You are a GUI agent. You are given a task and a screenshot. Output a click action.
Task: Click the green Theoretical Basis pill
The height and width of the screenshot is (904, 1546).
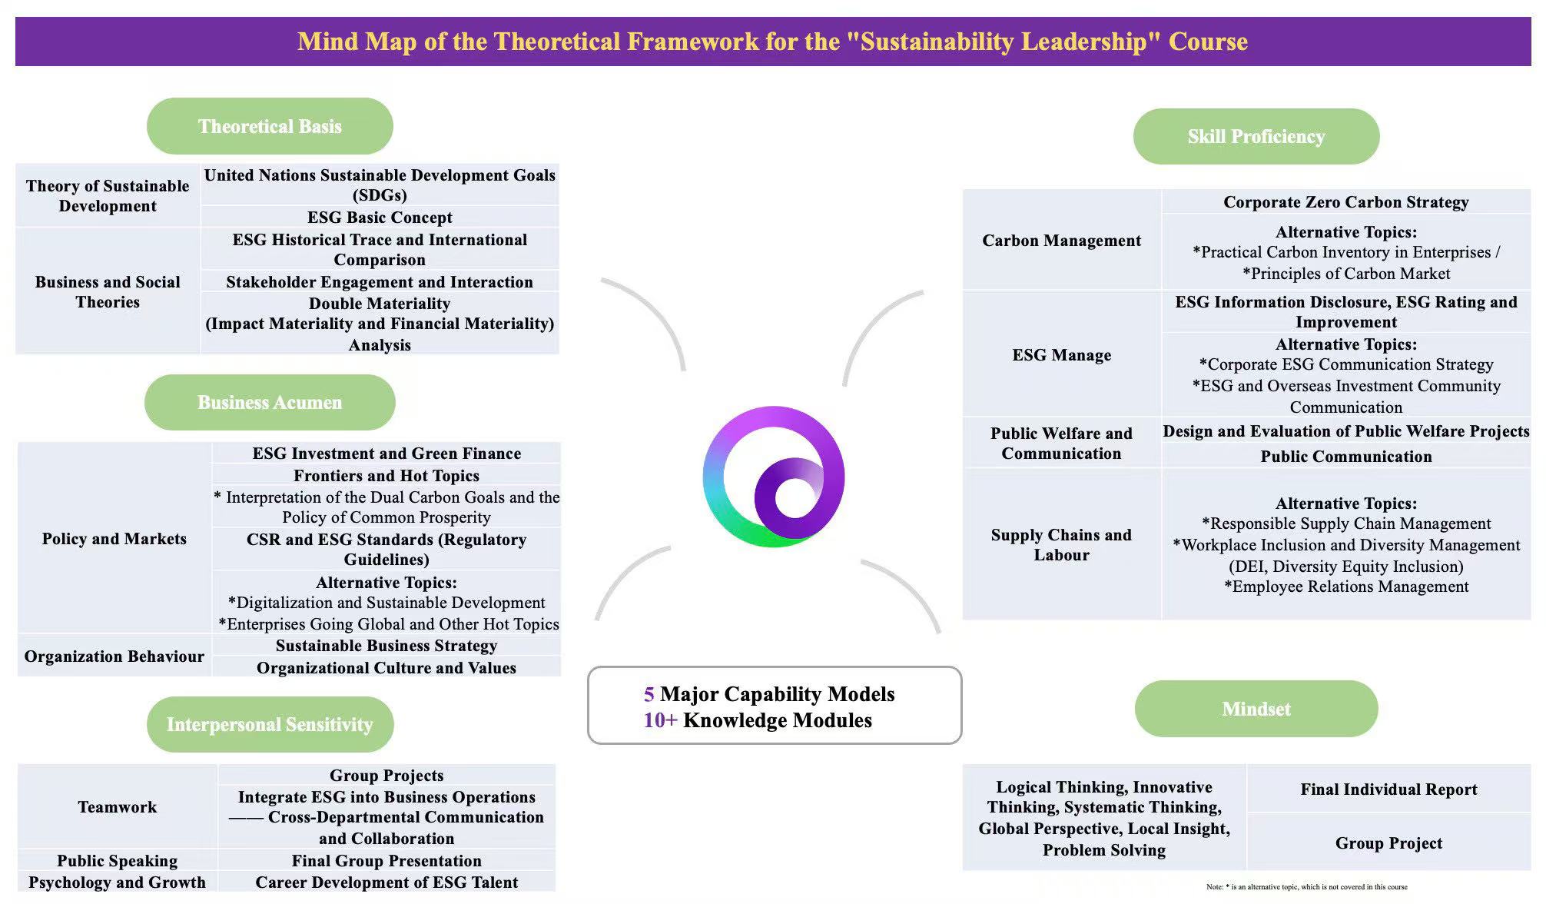coord(270,126)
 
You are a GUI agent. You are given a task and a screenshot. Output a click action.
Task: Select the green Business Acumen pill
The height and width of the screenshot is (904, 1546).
coord(270,402)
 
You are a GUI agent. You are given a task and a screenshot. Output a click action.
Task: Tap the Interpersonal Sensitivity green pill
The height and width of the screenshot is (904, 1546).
coord(270,724)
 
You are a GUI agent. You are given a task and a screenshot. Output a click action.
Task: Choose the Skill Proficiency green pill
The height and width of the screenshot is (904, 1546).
coord(1256,136)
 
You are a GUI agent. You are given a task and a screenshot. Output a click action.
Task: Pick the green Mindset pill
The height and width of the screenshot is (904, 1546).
coord(1256,709)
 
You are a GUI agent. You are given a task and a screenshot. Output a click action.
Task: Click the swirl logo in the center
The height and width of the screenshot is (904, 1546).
coord(774,477)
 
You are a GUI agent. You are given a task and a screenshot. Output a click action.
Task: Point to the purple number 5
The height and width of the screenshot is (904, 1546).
coord(649,694)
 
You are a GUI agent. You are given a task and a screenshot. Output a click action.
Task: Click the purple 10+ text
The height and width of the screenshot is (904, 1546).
coord(660,720)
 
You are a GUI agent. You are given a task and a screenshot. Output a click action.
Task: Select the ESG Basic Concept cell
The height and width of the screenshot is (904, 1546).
coord(380,218)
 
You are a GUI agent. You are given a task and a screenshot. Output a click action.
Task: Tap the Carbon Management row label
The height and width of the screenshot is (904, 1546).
coord(1061,241)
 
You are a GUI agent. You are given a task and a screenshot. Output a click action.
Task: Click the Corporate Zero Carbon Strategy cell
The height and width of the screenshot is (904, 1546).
coord(1345,202)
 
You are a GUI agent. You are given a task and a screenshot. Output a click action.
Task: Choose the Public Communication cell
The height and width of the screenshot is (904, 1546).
coord(1345,457)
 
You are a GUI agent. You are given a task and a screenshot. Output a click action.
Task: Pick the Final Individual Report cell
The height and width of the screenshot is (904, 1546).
coord(1388,789)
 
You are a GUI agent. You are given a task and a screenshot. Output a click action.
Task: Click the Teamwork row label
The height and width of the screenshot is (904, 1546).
coord(117,807)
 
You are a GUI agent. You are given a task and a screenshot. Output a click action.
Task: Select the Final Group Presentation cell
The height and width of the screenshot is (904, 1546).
coord(386,861)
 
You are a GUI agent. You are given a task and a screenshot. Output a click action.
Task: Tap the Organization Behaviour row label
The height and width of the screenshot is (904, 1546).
coord(114,656)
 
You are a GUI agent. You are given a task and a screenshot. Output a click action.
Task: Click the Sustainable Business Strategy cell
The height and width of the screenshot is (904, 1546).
coord(386,646)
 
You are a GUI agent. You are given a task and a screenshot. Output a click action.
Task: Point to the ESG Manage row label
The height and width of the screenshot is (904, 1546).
coord(1061,355)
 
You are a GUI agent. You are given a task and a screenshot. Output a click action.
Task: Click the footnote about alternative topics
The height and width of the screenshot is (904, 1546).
coord(1306,887)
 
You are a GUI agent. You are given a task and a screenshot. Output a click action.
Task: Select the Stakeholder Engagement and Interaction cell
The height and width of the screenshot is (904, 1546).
coord(380,282)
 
